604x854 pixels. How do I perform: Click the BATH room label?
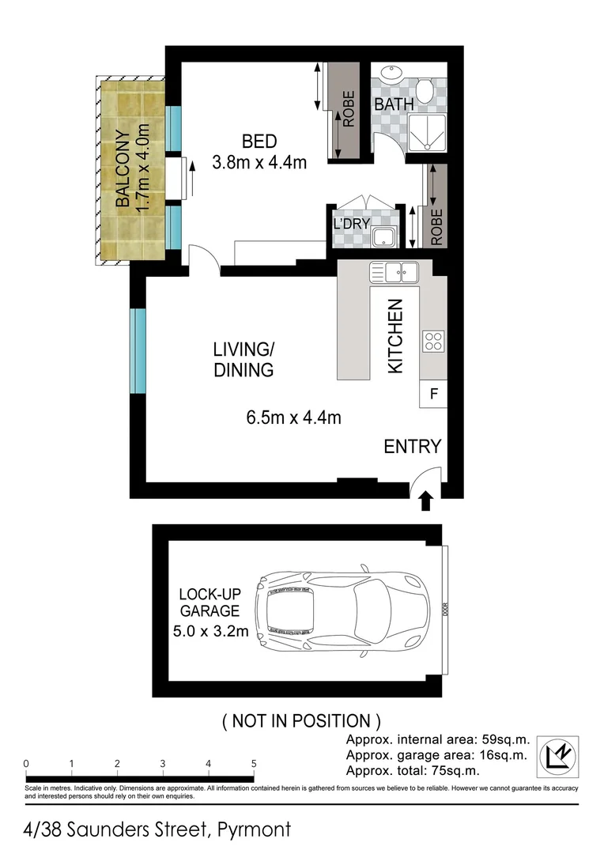pyautogui.click(x=392, y=104)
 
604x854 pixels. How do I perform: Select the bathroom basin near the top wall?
pyautogui.click(x=390, y=74)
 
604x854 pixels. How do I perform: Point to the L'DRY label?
pyautogui.click(x=352, y=224)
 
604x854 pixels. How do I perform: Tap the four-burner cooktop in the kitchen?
pyautogui.click(x=433, y=342)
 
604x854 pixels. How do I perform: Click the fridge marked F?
pyautogui.click(x=433, y=393)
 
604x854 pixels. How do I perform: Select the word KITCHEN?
pyautogui.click(x=395, y=336)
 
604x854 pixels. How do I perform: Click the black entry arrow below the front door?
pyautogui.click(x=425, y=501)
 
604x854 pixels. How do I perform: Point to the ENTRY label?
pyautogui.click(x=412, y=446)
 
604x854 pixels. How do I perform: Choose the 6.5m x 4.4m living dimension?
pyautogui.click(x=293, y=418)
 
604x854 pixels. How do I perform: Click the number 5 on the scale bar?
pyautogui.click(x=254, y=764)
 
